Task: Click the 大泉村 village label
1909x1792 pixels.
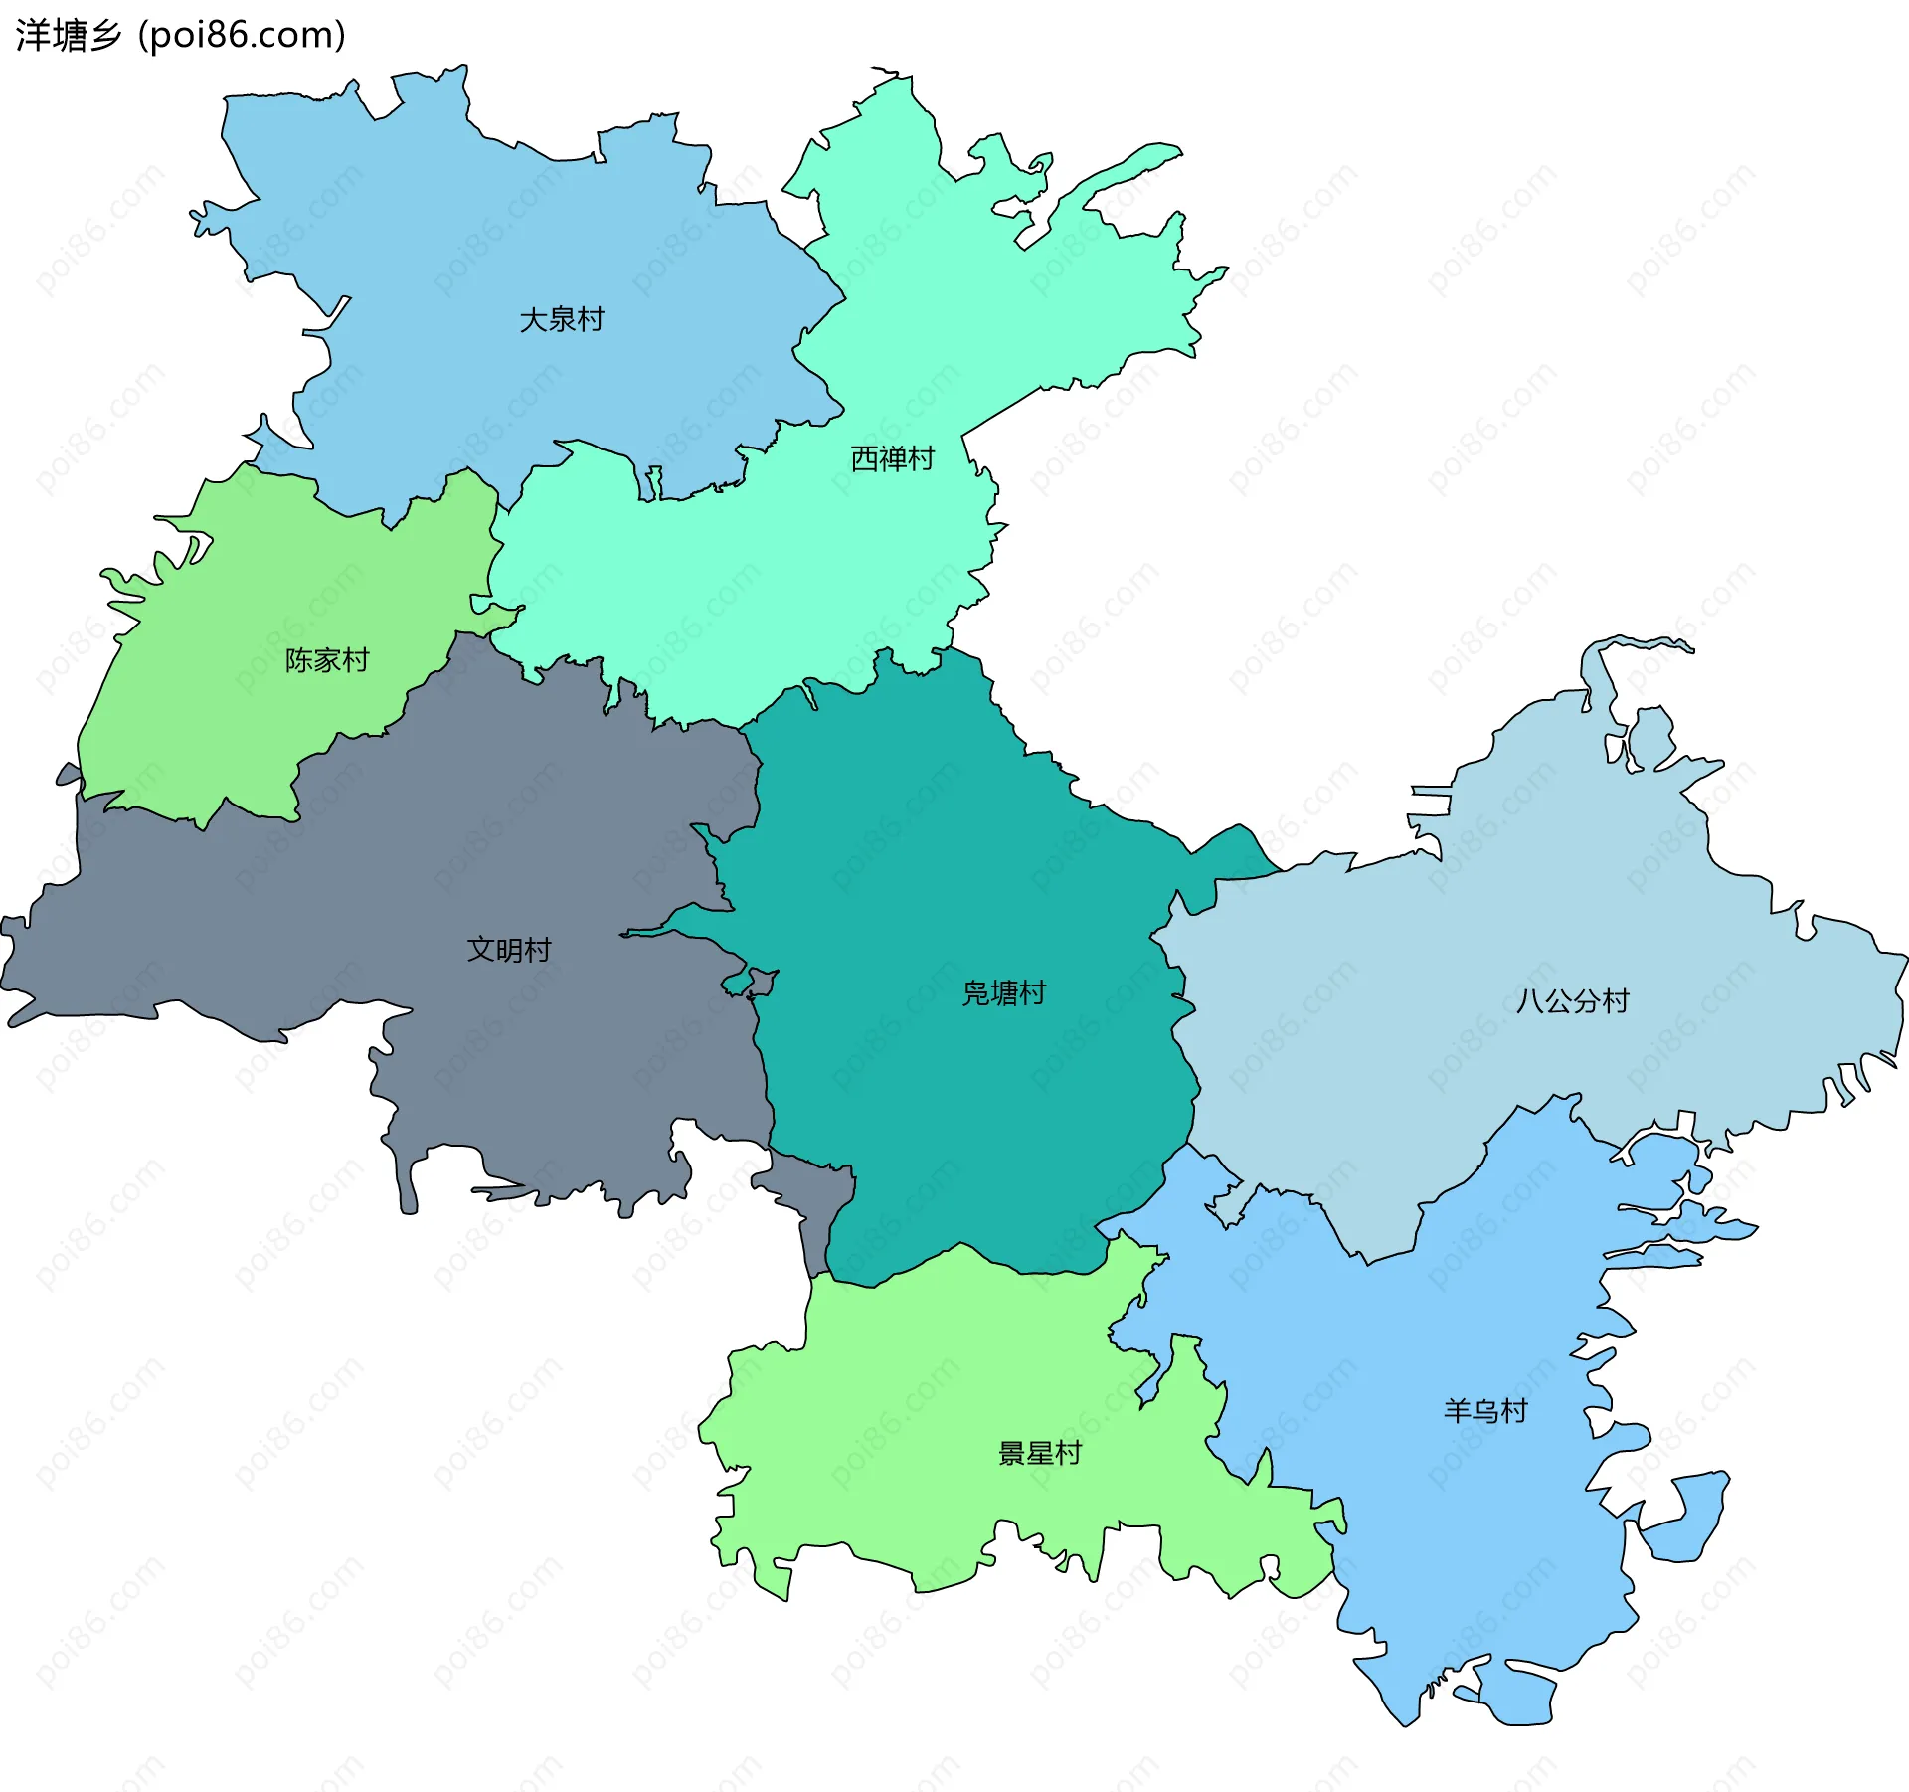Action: (x=562, y=320)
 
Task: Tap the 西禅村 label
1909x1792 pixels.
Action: (x=893, y=458)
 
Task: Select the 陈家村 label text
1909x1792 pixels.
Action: (x=327, y=660)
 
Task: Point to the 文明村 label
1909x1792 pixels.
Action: (x=509, y=950)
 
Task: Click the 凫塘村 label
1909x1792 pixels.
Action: (x=1004, y=993)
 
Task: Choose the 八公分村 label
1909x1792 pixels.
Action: (x=1573, y=1000)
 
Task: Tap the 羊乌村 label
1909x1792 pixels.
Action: (x=1485, y=1411)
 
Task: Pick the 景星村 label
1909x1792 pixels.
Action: (x=1040, y=1454)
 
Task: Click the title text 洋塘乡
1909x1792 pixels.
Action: (x=68, y=36)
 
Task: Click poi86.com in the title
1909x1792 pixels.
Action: (x=242, y=36)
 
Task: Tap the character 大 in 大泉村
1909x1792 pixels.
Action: (x=534, y=320)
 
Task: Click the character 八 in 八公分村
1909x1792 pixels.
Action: (x=1530, y=1000)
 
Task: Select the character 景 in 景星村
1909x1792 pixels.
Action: (x=1012, y=1454)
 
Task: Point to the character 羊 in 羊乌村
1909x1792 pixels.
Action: (x=1458, y=1411)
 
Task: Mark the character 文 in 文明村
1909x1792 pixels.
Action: (x=481, y=950)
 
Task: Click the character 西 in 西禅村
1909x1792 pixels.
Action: (x=865, y=458)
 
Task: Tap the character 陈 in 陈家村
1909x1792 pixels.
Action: (x=299, y=660)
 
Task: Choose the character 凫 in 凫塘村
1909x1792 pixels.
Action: (x=976, y=993)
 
